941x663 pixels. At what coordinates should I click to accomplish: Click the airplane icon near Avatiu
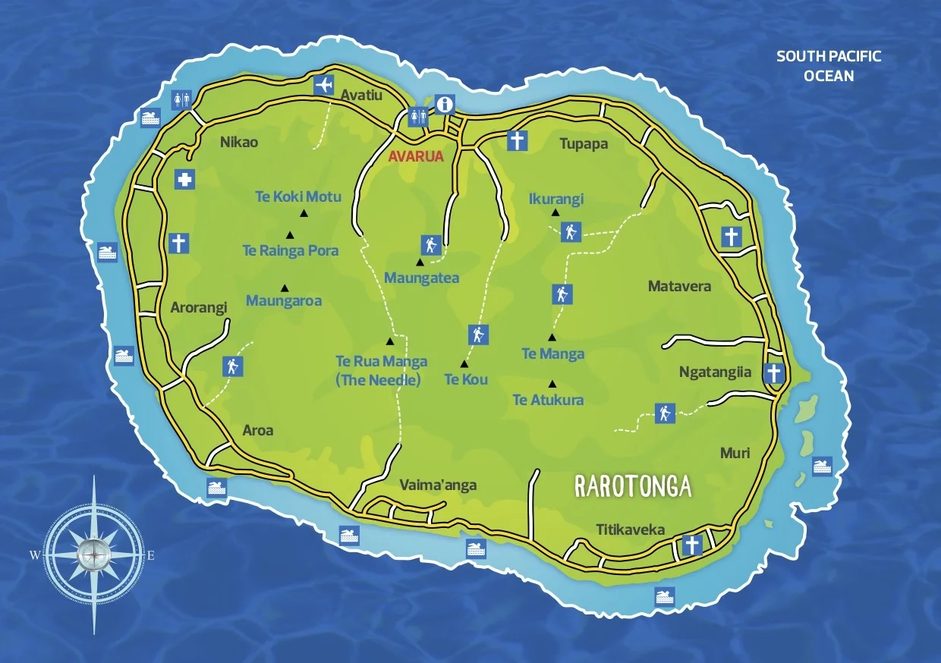tap(324, 85)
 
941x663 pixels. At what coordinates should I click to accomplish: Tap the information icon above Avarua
tap(444, 104)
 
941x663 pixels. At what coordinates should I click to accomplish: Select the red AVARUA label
tap(416, 157)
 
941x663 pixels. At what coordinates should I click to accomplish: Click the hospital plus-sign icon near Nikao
tap(184, 179)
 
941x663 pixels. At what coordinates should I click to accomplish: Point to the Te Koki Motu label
tap(298, 197)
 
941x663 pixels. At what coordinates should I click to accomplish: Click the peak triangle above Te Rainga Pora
tap(289, 234)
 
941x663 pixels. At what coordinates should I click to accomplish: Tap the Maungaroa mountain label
tap(284, 301)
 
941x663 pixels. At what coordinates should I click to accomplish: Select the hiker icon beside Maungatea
tap(430, 245)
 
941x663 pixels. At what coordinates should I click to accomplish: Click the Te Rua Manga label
tap(381, 362)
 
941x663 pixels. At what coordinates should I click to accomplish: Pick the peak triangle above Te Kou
tap(464, 363)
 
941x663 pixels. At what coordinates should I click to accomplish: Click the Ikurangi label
tap(556, 200)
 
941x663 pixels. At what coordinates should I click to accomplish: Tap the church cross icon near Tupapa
tap(516, 141)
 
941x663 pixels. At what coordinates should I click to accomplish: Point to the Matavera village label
tap(679, 287)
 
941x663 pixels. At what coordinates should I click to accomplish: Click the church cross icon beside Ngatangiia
tap(773, 373)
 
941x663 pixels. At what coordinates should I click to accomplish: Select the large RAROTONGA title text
tap(633, 486)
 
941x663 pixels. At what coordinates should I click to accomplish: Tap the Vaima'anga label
tap(438, 485)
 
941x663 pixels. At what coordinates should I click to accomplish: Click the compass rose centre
tap(93, 555)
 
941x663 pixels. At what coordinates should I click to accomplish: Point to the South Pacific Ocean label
tap(829, 66)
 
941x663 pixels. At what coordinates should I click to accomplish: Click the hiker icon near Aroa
tap(232, 366)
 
